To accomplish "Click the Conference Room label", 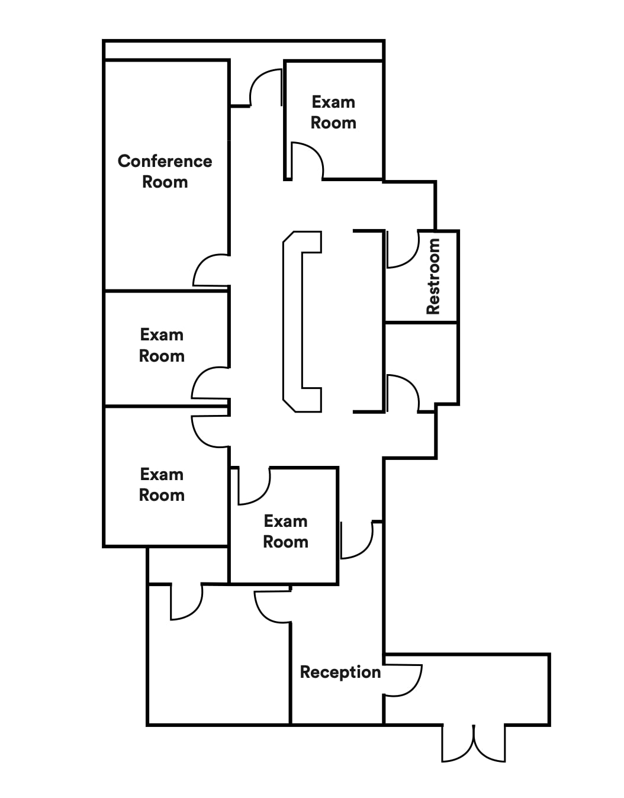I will pos(165,171).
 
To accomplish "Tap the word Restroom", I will pos(433,276).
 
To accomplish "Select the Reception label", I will pos(340,672).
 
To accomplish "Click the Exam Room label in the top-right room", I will pos(333,112).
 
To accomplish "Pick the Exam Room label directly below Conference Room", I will pos(162,345).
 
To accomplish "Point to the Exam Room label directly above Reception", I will pos(285,532).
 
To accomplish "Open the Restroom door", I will pos(402,251).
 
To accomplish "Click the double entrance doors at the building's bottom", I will pos(474,743).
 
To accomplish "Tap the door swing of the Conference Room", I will pos(210,271).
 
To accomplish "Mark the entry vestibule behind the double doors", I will pos(468,690).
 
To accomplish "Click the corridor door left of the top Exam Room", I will pos(265,88).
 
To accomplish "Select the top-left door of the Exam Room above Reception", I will pos(253,487).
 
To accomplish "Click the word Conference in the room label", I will pos(165,161).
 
